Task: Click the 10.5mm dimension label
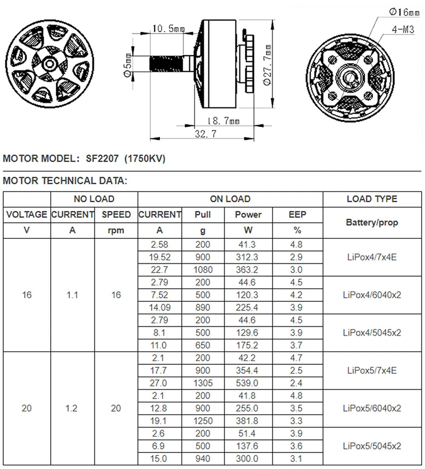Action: [x=168, y=29]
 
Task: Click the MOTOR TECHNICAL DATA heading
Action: [x=65, y=181]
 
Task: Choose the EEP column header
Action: [x=297, y=214]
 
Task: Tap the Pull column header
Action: [x=203, y=214]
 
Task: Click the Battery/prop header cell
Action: [x=372, y=222]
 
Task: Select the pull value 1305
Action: [x=203, y=383]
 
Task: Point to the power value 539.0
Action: [x=248, y=383]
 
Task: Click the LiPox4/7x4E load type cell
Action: [x=372, y=257]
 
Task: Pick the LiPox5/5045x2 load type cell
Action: [x=372, y=446]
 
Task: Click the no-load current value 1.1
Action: [x=72, y=295]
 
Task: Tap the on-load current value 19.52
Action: [x=160, y=257]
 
